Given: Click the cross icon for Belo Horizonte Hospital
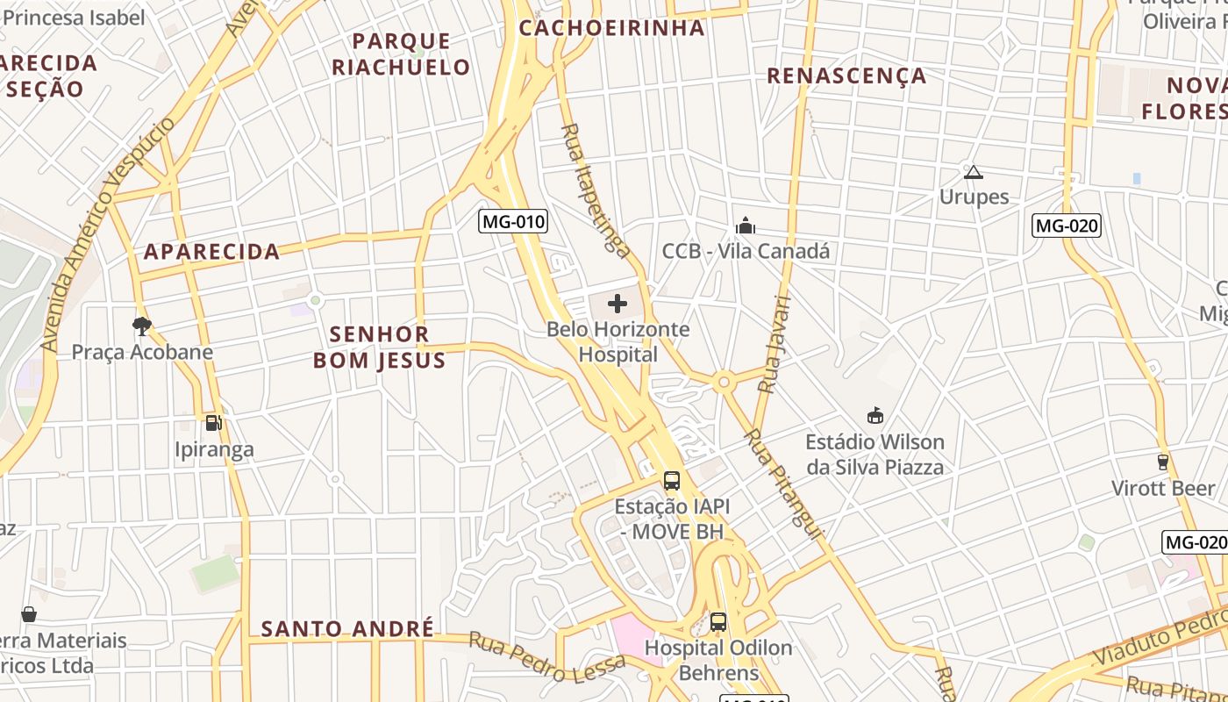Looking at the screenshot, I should [x=618, y=304].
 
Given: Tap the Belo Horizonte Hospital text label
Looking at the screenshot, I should [x=618, y=342].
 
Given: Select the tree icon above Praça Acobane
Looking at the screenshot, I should [x=141, y=326].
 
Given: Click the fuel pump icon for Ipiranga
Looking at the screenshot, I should [x=213, y=423].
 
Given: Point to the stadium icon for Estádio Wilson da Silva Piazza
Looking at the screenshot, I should [x=875, y=415].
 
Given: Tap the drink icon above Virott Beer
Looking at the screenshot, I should [x=1163, y=462].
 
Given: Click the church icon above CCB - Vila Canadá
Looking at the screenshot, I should [x=746, y=226].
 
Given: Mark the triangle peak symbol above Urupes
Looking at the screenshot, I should [x=973, y=172].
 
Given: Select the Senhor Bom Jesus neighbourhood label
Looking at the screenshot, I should [x=380, y=347].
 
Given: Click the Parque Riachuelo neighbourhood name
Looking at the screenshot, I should [x=401, y=54].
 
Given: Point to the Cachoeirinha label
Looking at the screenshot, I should [x=611, y=28].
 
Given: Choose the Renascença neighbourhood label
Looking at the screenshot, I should [x=846, y=76].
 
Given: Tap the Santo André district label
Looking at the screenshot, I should [x=347, y=629].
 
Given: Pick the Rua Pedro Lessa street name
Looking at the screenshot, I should [x=547, y=656].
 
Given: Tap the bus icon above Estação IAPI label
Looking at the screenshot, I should [x=672, y=481].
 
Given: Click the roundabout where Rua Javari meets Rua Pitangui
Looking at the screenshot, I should [x=724, y=382].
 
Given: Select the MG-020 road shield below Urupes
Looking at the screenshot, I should [x=1066, y=226].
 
